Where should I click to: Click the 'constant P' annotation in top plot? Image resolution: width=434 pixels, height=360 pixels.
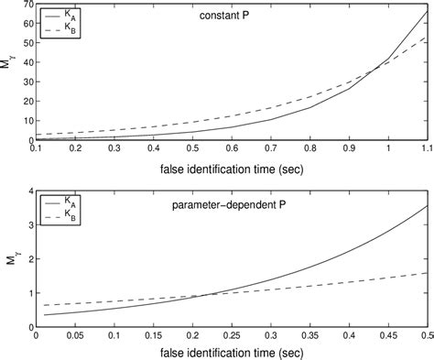(x=222, y=16)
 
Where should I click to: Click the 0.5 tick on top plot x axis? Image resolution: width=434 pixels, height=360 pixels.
(x=191, y=149)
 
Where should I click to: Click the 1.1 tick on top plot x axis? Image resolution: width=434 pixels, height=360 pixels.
(x=426, y=149)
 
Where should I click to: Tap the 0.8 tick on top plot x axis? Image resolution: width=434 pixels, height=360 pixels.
(x=309, y=149)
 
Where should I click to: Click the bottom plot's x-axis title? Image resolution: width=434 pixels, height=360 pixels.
(x=231, y=354)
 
